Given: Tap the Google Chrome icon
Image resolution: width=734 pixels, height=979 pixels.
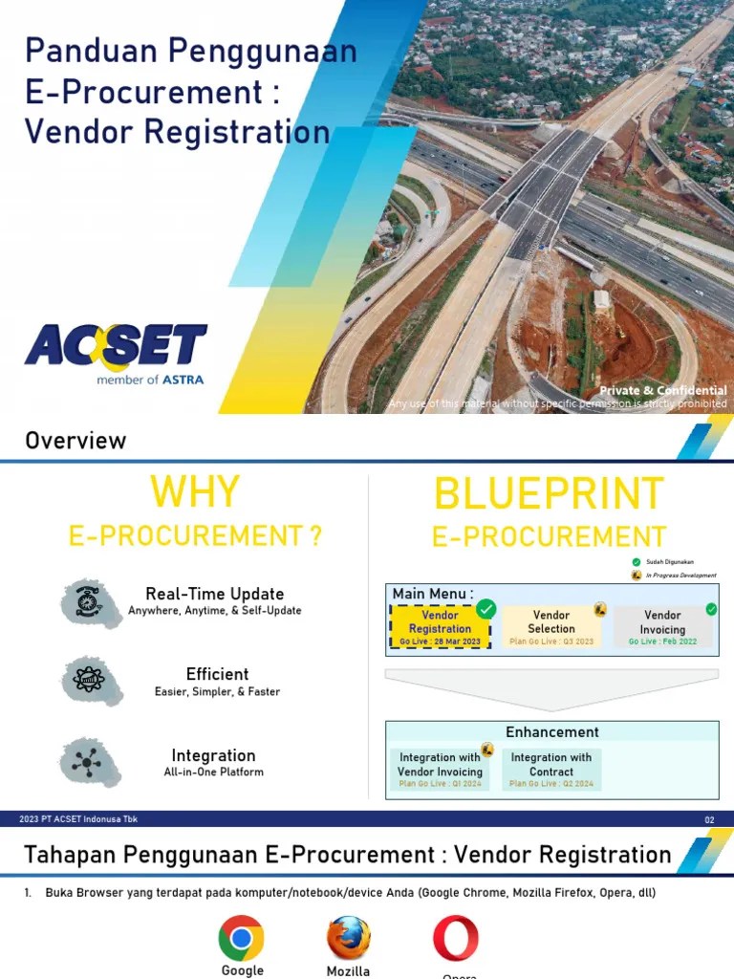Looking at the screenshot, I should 241,938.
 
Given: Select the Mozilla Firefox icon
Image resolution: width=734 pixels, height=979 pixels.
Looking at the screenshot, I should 349,938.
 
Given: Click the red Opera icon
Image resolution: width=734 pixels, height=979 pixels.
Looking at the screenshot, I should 456,938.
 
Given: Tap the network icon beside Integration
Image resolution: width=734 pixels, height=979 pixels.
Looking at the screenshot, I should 92,761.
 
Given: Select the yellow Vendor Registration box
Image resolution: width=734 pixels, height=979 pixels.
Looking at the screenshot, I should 441,627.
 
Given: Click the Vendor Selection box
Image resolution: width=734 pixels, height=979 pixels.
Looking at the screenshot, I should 551,627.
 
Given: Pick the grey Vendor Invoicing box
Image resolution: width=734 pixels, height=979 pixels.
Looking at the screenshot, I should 662,627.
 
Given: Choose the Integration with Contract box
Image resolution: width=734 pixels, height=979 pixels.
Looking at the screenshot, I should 551,769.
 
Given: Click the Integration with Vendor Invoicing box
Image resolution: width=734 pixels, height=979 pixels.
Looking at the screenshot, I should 441,769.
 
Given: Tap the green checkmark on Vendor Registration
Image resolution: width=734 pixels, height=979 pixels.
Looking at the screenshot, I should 486,608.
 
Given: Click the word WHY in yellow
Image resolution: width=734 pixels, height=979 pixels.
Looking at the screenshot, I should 194,492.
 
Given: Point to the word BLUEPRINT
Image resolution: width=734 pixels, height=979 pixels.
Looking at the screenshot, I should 549,494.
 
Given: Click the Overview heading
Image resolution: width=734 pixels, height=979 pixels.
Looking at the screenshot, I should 76,441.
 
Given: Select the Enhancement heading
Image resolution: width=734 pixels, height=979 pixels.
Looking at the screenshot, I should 552,732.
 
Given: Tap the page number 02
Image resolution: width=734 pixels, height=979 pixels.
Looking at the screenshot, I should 709,820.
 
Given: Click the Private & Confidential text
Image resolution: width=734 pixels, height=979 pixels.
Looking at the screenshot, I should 662,390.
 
